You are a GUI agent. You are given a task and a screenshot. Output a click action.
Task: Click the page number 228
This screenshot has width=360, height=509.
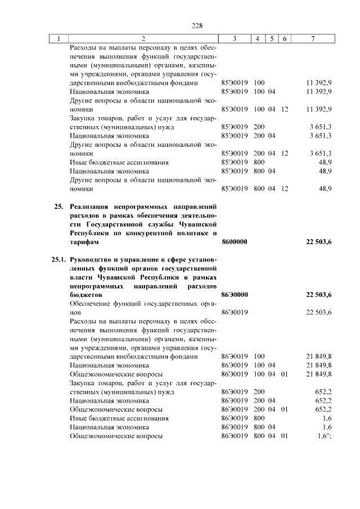point(197,26)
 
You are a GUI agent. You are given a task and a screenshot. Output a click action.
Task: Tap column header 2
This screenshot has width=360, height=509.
point(143,39)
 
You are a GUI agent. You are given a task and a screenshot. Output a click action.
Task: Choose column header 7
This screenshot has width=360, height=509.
point(313,39)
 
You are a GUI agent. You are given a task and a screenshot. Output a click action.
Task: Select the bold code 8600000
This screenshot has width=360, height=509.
point(235,242)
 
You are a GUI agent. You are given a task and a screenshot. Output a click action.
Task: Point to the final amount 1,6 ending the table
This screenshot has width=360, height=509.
point(322,436)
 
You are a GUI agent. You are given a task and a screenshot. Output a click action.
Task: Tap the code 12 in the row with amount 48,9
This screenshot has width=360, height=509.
point(285,189)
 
